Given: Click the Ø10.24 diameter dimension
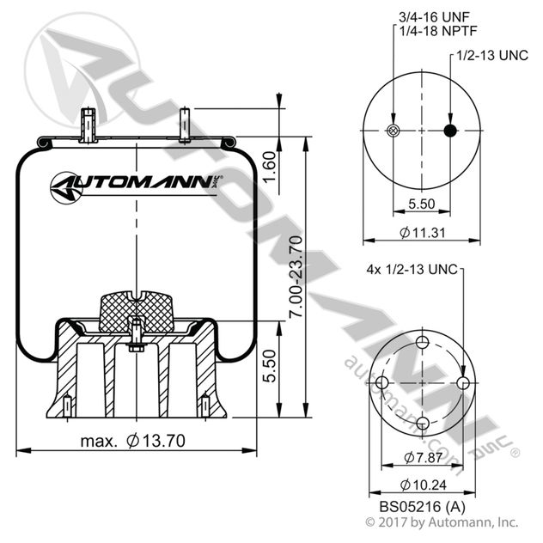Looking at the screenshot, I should click(x=421, y=484).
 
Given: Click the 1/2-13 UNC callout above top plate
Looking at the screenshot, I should click(x=491, y=56).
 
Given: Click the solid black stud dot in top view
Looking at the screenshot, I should click(x=449, y=131).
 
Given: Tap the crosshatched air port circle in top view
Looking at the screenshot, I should click(x=394, y=131).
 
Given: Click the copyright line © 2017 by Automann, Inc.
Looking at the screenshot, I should click(x=441, y=522).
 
